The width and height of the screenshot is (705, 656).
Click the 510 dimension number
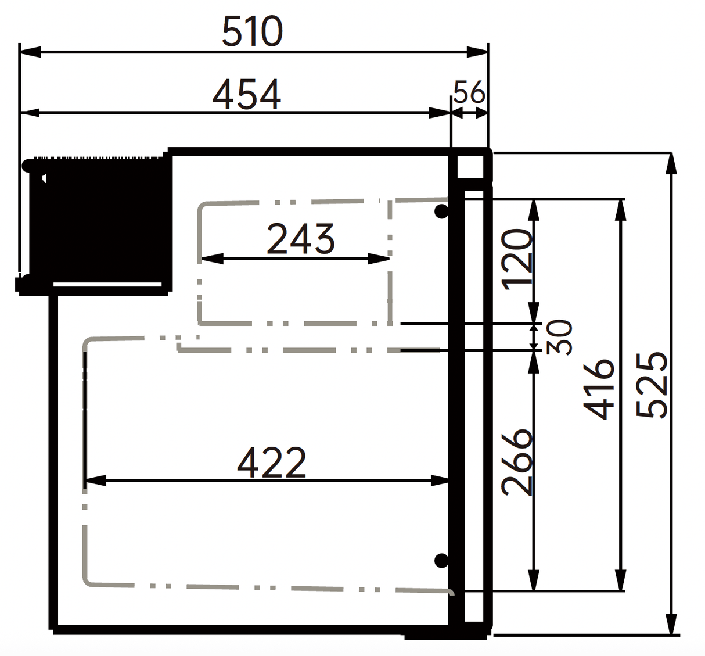pyautogui.click(x=253, y=32)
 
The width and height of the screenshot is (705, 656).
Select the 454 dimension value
pyautogui.click(x=247, y=95)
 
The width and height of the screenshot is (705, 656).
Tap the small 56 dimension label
pyautogui.click(x=469, y=92)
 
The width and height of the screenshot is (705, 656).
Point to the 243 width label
pyautogui.click(x=300, y=239)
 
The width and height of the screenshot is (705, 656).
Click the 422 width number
pyautogui.click(x=271, y=463)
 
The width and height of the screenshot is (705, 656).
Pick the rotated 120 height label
pyautogui.click(x=518, y=260)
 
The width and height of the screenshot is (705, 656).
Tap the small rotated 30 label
pyautogui.click(x=559, y=337)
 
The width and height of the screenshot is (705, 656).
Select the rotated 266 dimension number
pyautogui.click(x=517, y=462)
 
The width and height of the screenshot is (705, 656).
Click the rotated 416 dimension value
pyautogui.click(x=599, y=389)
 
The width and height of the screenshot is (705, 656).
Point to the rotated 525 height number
pyautogui.click(x=651, y=385)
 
